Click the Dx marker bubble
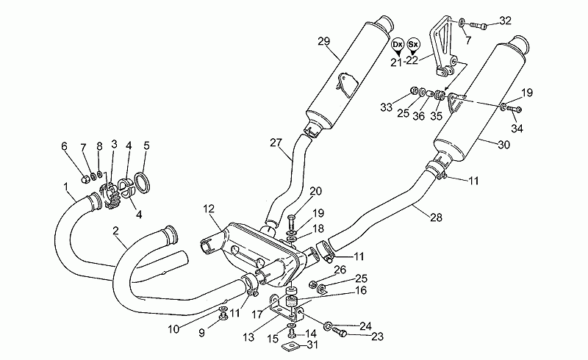click(397, 45)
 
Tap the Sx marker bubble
click(413, 44)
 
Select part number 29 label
click(323, 41)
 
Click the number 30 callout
click(503, 145)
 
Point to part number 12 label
click(209, 209)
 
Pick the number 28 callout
click(436, 217)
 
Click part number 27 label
click(276, 143)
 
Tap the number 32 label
click(505, 21)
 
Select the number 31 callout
click(312, 345)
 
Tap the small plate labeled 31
click(290, 348)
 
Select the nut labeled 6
click(85, 179)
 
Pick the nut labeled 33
click(415, 90)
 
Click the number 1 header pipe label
click(65, 185)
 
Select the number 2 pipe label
click(115, 231)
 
